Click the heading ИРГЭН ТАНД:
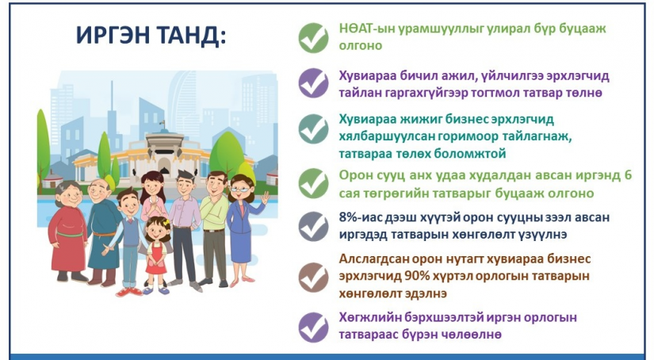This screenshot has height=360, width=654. click(151, 36)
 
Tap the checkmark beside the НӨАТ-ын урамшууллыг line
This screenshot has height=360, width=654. click(314, 38)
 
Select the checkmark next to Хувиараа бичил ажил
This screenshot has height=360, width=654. click(314, 83)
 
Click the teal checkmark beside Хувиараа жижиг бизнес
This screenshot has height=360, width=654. click(314, 129)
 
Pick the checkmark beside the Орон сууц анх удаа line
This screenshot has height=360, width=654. click(314, 183)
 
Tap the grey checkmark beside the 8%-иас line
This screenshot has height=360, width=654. click(314, 226)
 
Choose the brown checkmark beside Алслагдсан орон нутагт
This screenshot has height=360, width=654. click(314, 277)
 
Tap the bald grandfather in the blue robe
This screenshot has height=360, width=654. click(102, 232)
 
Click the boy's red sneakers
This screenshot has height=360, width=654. click(129, 292)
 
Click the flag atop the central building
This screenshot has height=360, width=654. click(163, 124)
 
